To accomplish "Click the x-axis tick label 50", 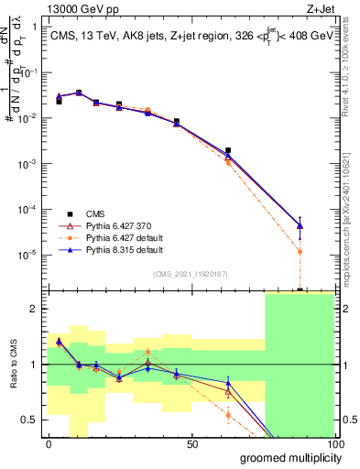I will pyautogui.click(x=191, y=444).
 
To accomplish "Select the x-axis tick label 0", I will pyautogui.click(x=49, y=444).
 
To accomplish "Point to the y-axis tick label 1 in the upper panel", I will pyautogui.click(x=36, y=27).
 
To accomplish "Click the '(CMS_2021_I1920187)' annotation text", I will pyautogui.click(x=191, y=273).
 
